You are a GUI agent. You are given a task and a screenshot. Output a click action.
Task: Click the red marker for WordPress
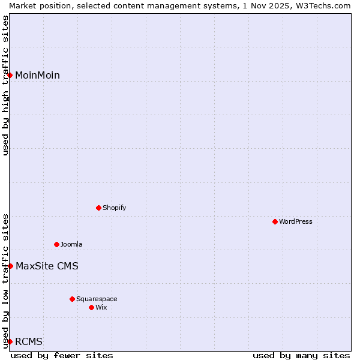pos(275,221)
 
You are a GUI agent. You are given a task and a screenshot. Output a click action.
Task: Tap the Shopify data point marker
pos(98,208)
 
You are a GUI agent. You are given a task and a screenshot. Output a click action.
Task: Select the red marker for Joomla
pos(56,244)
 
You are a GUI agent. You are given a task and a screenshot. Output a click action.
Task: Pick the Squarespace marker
pos(72,299)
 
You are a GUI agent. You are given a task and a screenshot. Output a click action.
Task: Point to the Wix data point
pos(91,307)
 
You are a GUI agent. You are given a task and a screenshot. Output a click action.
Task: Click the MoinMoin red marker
pos(10,75)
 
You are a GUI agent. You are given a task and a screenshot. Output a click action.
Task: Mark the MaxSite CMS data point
pos(10,266)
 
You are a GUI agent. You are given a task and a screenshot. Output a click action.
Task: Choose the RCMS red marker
pos(10,341)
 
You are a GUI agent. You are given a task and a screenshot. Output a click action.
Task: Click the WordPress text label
pos(296,221)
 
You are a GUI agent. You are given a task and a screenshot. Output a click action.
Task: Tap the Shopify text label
pos(114,208)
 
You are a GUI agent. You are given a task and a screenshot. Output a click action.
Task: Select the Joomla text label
pos(71,244)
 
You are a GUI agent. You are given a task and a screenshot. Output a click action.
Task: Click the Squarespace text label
pos(97,299)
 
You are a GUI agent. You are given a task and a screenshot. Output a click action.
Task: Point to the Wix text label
pos(101,307)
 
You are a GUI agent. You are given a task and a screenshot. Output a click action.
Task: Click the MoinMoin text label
pos(37,75)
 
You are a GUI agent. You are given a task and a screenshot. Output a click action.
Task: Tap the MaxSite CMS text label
pos(47,266)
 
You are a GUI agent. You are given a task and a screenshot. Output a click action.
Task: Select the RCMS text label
pos(29,341)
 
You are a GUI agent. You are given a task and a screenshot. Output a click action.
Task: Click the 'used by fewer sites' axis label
pos(62,355)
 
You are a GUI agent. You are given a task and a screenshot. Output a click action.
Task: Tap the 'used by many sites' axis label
pos(301,355)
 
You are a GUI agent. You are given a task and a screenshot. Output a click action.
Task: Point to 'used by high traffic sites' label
pos(5,85)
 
